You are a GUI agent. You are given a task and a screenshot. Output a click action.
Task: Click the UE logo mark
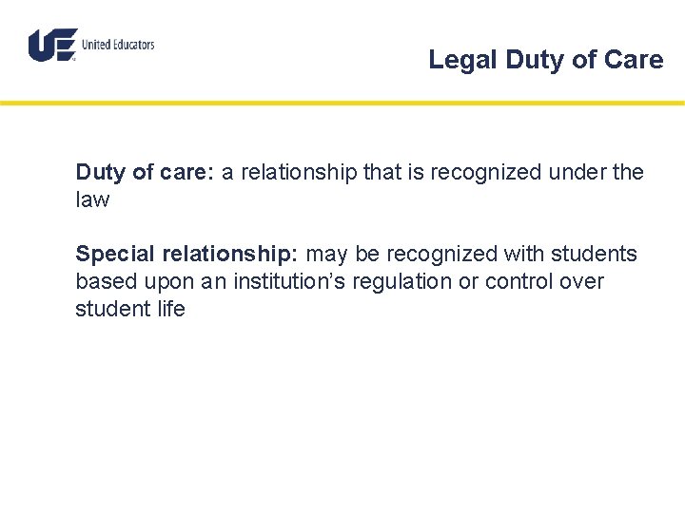coord(52,45)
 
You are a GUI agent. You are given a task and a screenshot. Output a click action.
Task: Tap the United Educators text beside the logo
coord(118,45)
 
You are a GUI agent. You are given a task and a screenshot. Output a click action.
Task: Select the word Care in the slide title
coord(635,60)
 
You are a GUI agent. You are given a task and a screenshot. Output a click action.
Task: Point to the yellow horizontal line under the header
coord(342,103)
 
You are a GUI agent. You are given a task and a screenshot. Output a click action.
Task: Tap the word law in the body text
coord(92,200)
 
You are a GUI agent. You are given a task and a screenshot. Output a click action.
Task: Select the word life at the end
coord(170,310)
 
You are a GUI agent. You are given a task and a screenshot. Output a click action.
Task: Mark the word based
coord(102,282)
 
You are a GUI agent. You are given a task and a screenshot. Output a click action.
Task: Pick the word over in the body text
coord(583,282)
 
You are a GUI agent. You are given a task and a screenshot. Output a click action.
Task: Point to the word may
coord(328,255)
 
